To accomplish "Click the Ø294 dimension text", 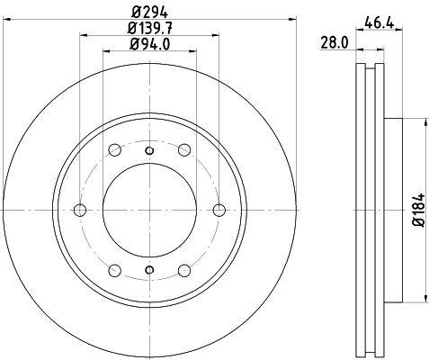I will click(149, 11).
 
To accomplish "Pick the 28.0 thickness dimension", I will click(335, 41).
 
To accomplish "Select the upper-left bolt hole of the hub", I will click(114, 150).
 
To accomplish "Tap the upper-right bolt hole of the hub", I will click(184, 150).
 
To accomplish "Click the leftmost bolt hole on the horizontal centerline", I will click(79, 211).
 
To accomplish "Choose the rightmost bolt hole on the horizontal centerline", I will click(219, 211).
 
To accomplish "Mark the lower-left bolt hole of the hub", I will click(114, 271).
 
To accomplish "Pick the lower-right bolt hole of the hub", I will click(184, 271).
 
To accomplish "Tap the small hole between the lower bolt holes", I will click(149, 274).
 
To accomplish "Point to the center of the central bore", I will click(149, 211).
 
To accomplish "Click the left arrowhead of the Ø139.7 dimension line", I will click(83, 35).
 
